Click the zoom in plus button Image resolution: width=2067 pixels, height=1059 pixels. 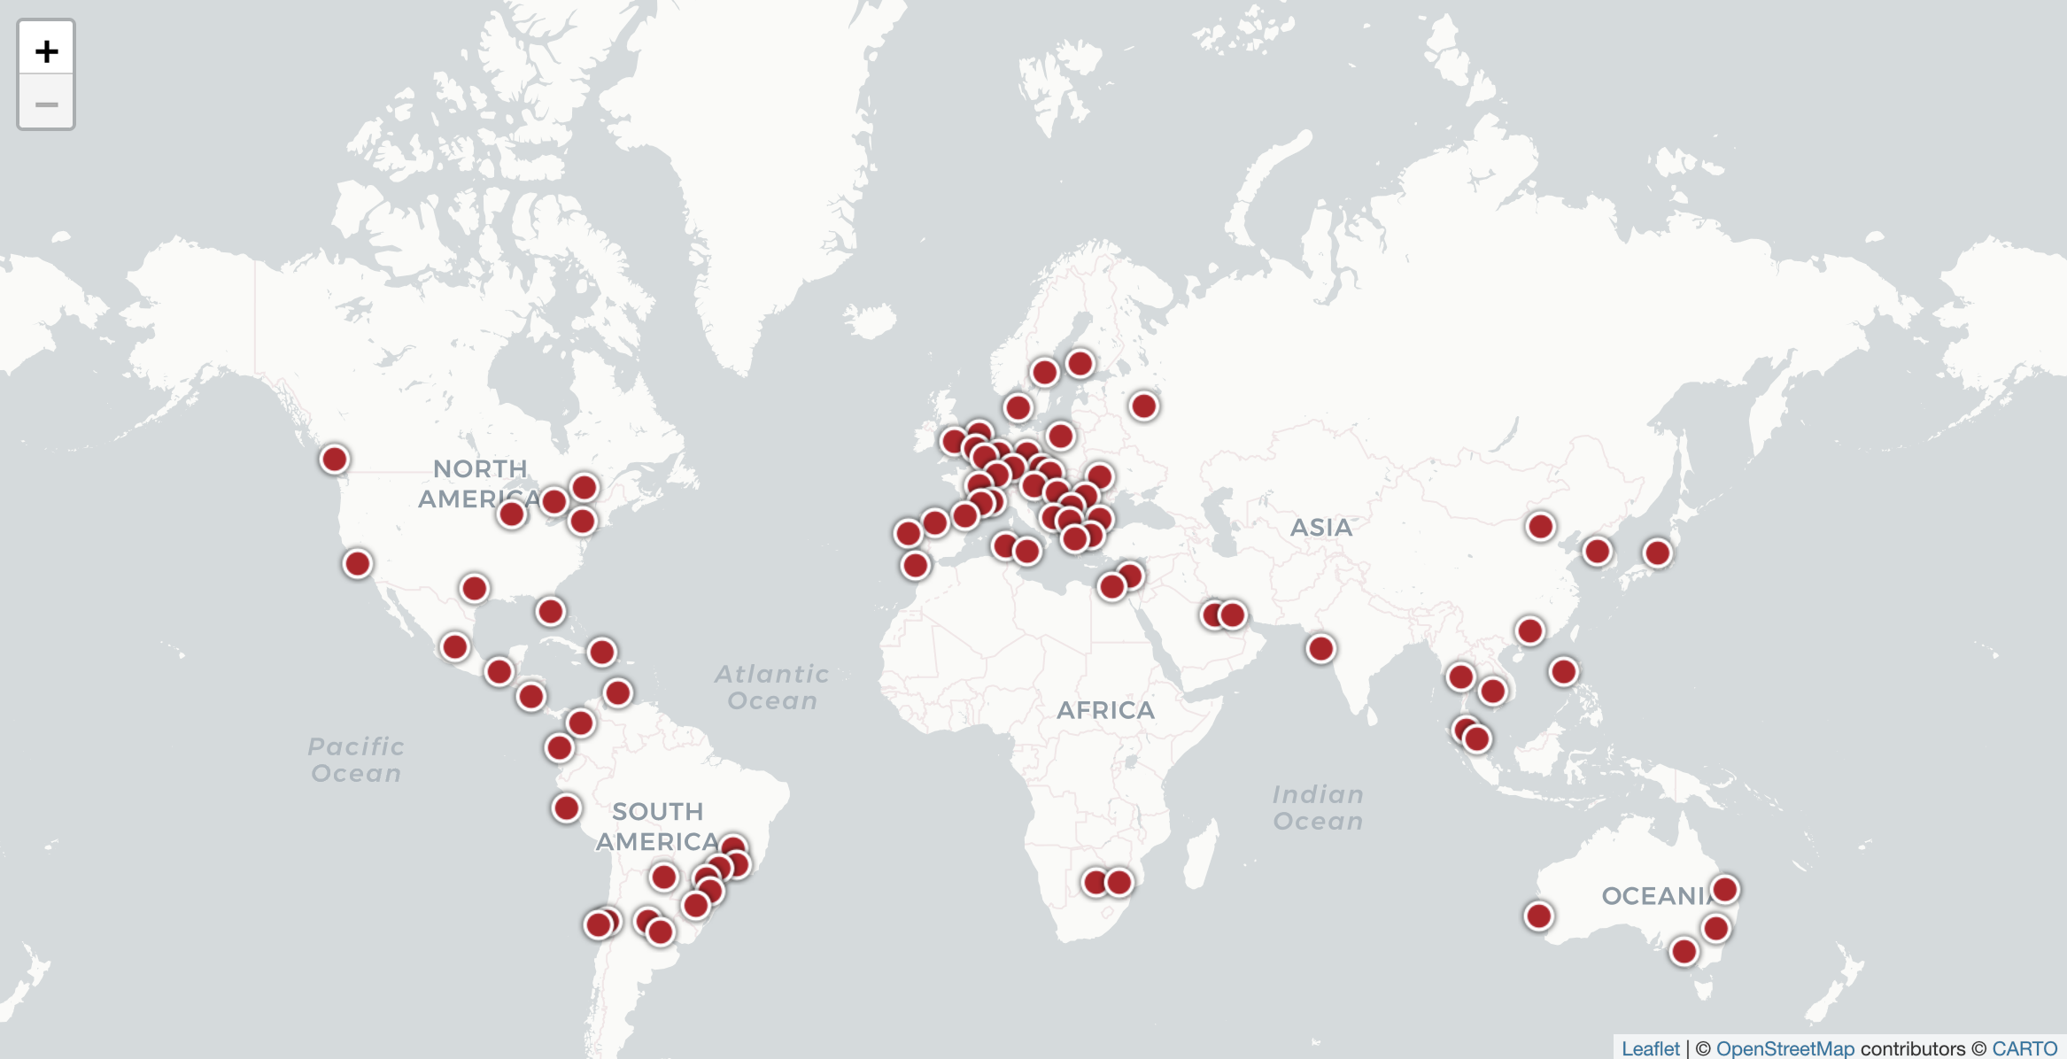(46, 50)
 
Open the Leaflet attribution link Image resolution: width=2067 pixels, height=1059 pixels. (1650, 1048)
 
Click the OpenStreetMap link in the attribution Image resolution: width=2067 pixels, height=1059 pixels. (1784, 1048)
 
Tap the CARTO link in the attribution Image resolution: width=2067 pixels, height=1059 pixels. (2024, 1048)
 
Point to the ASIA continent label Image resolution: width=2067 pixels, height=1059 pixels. (1321, 528)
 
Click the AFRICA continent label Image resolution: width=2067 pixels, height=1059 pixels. (1105, 710)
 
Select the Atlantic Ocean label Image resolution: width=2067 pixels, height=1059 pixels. (772, 687)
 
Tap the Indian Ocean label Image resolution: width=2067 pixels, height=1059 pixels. (1318, 808)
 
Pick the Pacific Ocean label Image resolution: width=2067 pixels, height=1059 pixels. (356, 760)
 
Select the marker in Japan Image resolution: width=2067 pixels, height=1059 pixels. (1657, 553)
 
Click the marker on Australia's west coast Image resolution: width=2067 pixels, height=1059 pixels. (1538, 916)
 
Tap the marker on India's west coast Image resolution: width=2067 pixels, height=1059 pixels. (1320, 649)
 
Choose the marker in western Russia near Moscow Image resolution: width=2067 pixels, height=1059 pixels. (1143, 406)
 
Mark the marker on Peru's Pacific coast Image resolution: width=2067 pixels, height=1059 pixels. (566, 808)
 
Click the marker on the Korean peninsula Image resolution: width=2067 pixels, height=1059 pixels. (1597, 552)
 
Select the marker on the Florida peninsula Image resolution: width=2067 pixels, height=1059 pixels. (550, 611)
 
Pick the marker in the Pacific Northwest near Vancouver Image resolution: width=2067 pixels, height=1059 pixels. (334, 459)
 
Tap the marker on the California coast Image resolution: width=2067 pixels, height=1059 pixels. (357, 563)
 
